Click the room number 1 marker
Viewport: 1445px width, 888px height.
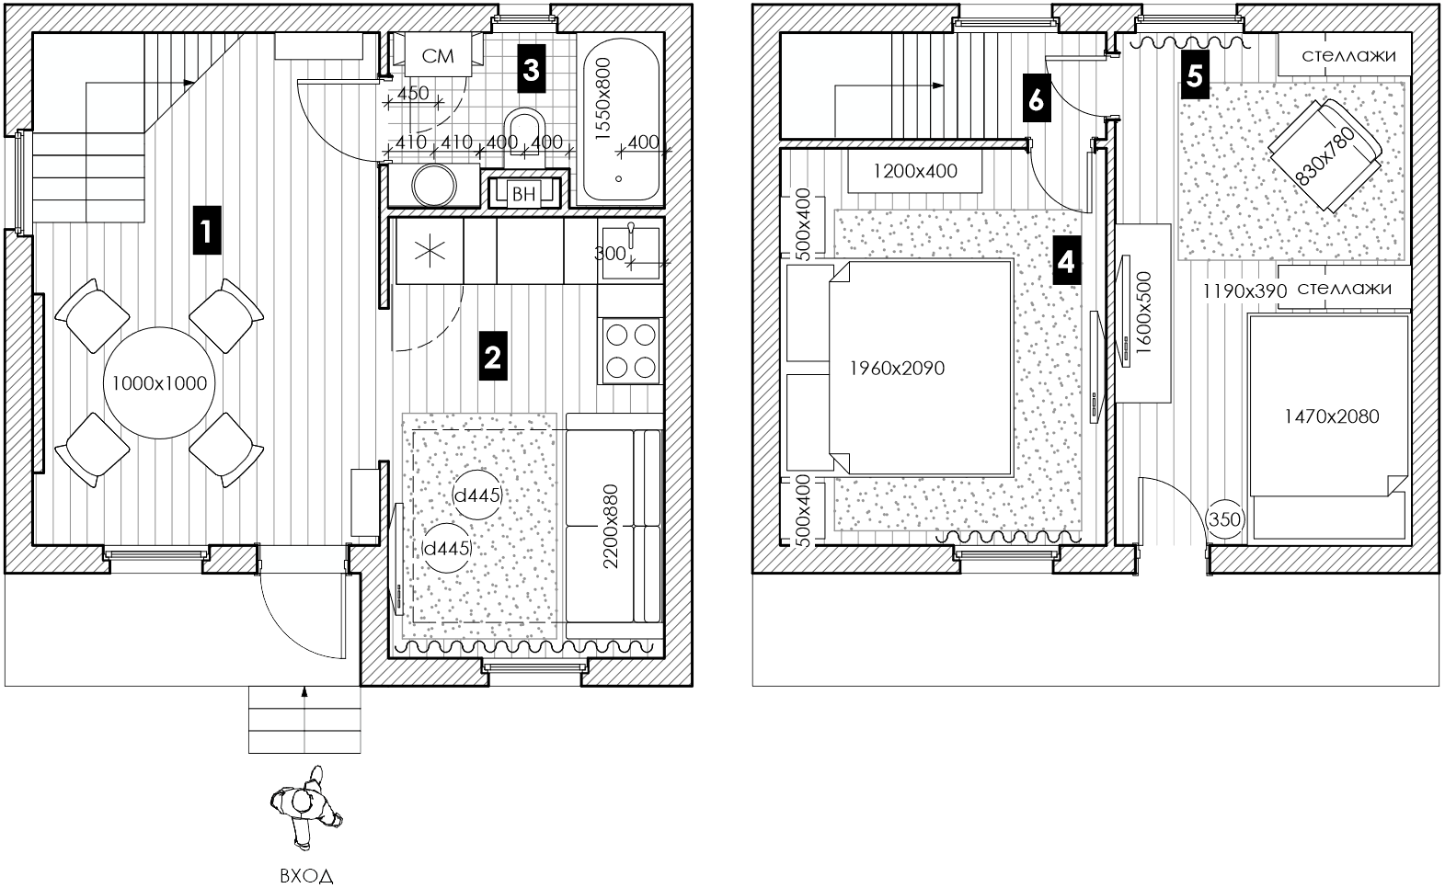pyautogui.click(x=206, y=230)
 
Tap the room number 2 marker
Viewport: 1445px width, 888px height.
pyautogui.click(x=493, y=356)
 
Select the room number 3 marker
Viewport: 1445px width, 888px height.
pyautogui.click(x=531, y=68)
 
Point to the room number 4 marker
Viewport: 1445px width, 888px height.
pyautogui.click(x=1066, y=260)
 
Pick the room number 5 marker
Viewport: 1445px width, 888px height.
pyautogui.click(x=1195, y=75)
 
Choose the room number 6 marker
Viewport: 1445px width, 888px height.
pyautogui.click(x=1037, y=98)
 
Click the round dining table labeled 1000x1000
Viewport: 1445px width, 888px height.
pyautogui.click(x=159, y=383)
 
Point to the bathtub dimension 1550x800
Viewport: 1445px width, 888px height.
pyautogui.click(x=602, y=98)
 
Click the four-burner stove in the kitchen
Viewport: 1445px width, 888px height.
pyautogui.click(x=631, y=351)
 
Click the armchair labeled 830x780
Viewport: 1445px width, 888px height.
pyautogui.click(x=1325, y=155)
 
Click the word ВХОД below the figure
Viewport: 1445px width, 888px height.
pyautogui.click(x=306, y=876)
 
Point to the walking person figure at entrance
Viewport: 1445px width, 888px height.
pyautogui.click(x=305, y=807)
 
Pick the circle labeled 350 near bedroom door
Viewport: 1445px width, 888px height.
pyautogui.click(x=1224, y=518)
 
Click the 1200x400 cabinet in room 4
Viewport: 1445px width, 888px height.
pyautogui.click(x=914, y=171)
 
